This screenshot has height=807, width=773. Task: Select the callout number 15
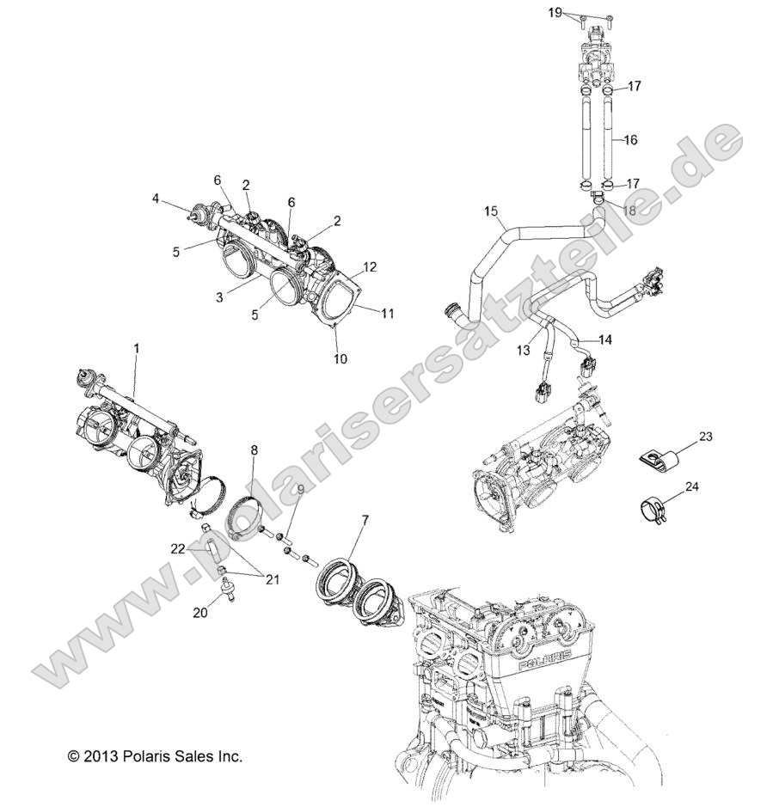point(491,211)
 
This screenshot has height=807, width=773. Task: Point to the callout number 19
point(555,12)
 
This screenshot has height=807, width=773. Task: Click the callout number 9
point(277,490)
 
